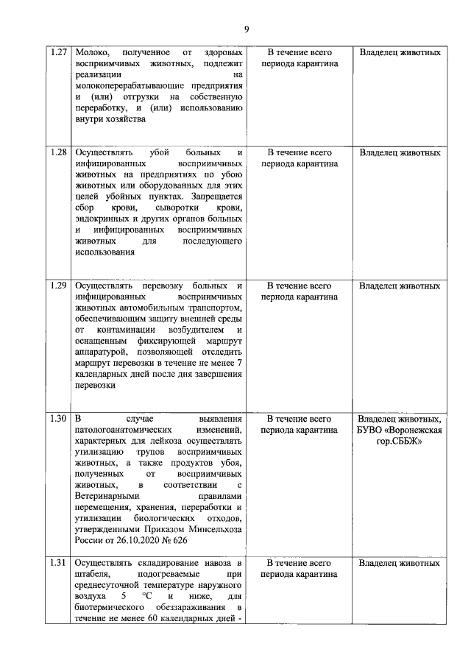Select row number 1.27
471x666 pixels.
[58, 53]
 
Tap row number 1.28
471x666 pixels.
[58, 152]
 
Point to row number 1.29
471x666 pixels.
[58, 286]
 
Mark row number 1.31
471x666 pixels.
[58, 563]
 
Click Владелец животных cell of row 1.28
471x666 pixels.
[400, 152]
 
